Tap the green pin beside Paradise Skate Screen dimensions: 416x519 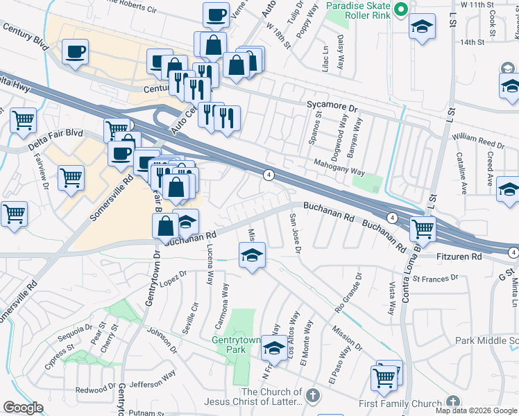[400, 10]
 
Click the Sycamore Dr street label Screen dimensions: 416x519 [332, 109]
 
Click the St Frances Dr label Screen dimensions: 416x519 [436, 278]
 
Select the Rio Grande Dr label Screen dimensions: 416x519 [348, 292]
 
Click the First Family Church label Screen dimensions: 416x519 [400, 404]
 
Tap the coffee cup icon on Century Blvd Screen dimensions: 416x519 [75, 51]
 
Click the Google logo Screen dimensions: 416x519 [23, 408]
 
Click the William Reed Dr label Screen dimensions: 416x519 [478, 141]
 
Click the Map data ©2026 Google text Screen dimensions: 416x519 [475, 410]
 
